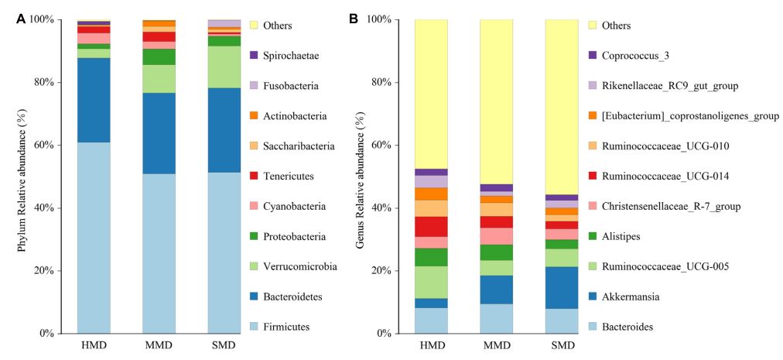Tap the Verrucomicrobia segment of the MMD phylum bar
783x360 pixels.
pyautogui.click(x=159, y=78)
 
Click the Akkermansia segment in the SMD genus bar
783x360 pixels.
pyautogui.click(x=562, y=287)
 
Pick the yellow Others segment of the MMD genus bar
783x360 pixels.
pyautogui.click(x=496, y=101)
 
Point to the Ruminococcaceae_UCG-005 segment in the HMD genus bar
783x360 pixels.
pyautogui.click(x=431, y=282)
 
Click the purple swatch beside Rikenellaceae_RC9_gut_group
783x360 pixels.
pyautogui.click(x=593, y=86)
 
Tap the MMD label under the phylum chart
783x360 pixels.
pyautogui.click(x=159, y=346)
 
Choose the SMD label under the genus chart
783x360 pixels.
pyautogui.click(x=562, y=346)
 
